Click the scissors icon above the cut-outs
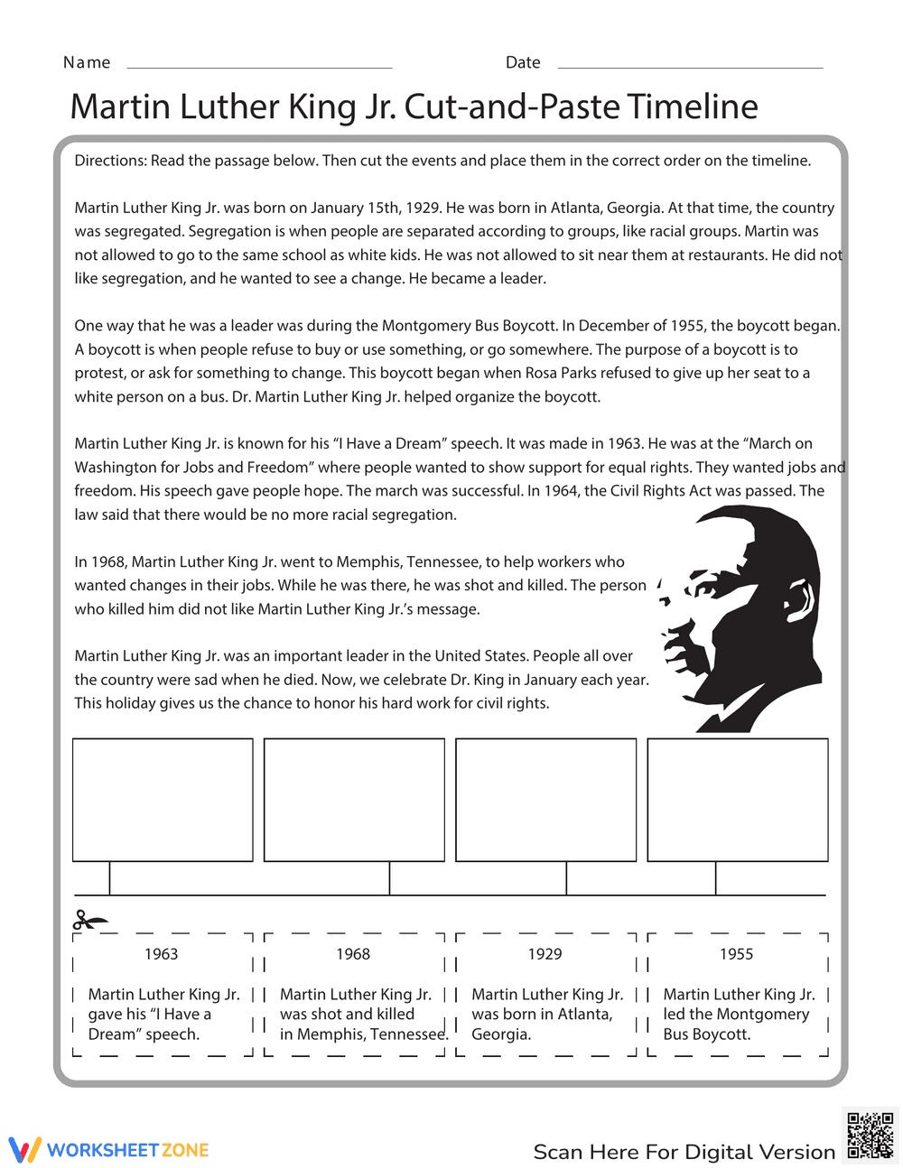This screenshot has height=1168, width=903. click(x=88, y=921)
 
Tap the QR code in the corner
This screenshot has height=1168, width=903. click(x=870, y=1135)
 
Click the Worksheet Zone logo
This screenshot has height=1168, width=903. click(x=109, y=1150)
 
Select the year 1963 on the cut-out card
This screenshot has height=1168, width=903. click(x=162, y=954)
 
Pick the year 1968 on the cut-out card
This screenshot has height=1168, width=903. click(x=353, y=954)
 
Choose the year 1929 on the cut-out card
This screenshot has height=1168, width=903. click(x=545, y=954)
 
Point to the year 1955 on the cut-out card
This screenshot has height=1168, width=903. click(x=736, y=954)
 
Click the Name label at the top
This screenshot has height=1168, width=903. click(x=87, y=62)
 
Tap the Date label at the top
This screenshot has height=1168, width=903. click(x=523, y=62)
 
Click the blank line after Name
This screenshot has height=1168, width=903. click(x=260, y=67)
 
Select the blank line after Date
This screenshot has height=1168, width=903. click(x=691, y=67)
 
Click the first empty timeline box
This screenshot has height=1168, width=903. click(x=163, y=800)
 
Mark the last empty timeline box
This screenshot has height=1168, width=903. click(x=738, y=800)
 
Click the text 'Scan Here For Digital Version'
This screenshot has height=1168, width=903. click(x=684, y=1152)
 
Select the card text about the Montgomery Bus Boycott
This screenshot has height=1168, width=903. click(x=738, y=1015)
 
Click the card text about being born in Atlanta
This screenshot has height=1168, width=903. click(x=547, y=1015)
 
